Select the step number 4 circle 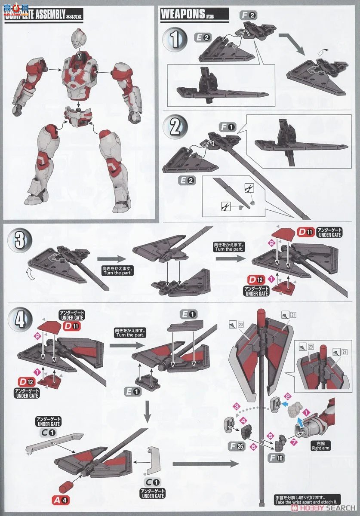(20, 320)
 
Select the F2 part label (249, 15)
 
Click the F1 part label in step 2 (228, 127)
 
